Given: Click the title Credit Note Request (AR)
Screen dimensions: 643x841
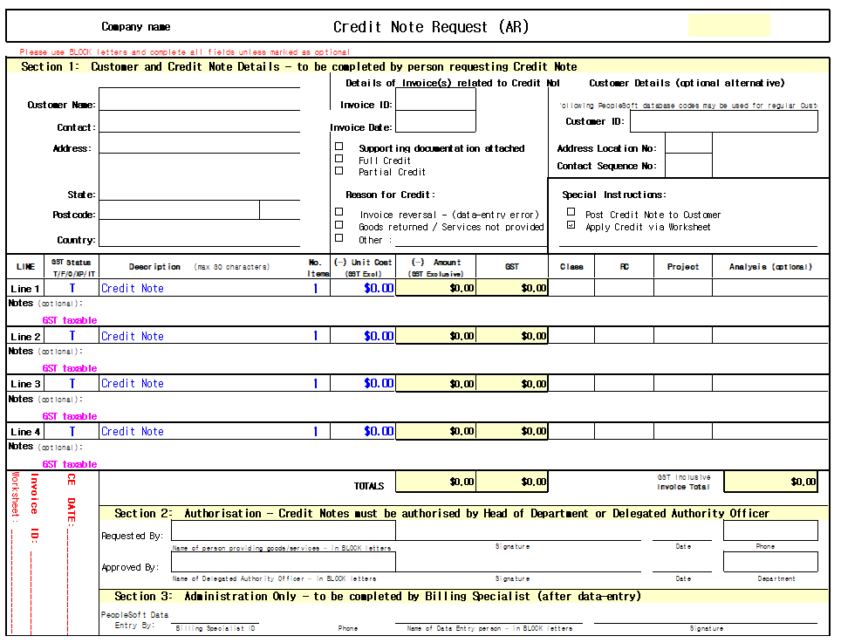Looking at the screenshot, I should (x=431, y=27).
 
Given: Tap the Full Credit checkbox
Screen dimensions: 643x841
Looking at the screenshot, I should (x=339, y=159).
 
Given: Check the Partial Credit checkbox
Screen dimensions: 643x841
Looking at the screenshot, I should (x=339, y=171).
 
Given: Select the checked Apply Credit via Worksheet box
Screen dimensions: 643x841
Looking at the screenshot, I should (x=571, y=225).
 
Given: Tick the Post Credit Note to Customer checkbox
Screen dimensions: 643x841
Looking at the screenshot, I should (x=571, y=212).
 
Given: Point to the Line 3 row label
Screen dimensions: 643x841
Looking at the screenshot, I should (x=25, y=384).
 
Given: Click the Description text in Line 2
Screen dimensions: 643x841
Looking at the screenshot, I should (x=133, y=336).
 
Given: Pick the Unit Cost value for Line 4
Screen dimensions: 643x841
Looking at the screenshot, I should (x=379, y=431).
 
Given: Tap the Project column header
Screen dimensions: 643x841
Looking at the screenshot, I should (x=682, y=267).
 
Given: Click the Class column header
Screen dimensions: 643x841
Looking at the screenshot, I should (x=571, y=267).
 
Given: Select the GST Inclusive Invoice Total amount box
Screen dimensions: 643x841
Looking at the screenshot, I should (x=771, y=482).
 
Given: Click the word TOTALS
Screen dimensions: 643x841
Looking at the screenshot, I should (x=369, y=486).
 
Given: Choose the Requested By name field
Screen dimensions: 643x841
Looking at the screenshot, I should (x=283, y=531).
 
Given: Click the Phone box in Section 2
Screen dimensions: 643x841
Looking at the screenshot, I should (x=770, y=530).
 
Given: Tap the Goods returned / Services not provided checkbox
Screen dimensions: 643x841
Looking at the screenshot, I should (x=339, y=225).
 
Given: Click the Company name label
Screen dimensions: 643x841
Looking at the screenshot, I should (x=136, y=27).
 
